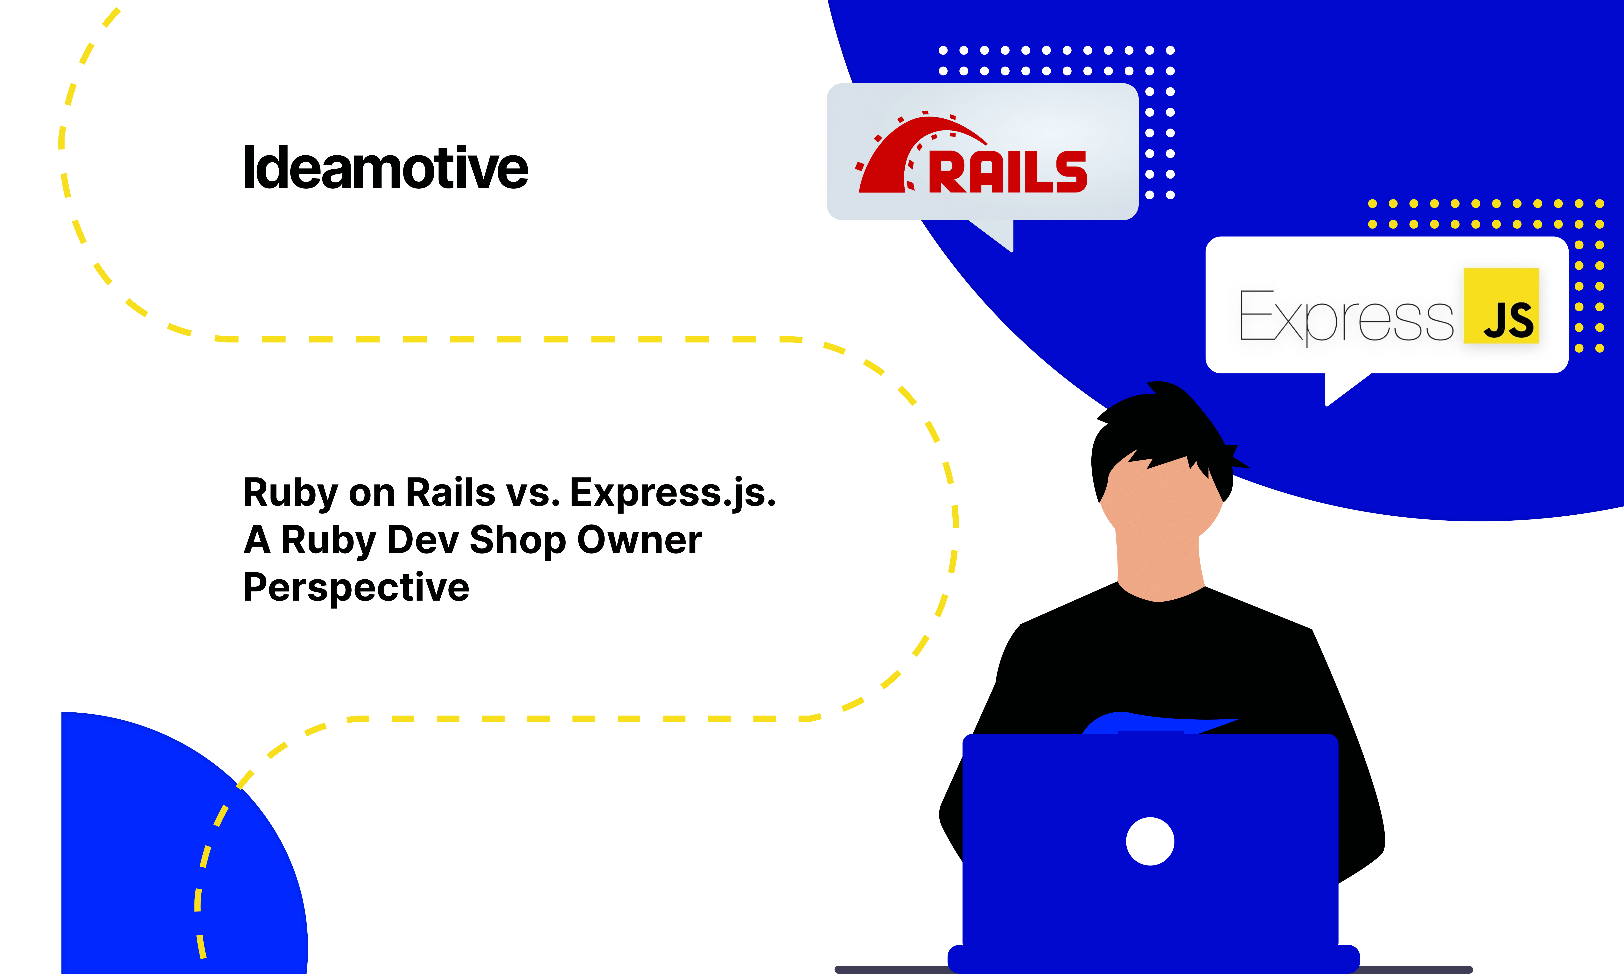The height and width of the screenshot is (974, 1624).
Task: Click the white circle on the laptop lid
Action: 1150,841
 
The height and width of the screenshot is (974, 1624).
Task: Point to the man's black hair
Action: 1161,427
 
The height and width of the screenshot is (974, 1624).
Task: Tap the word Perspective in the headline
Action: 356,587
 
